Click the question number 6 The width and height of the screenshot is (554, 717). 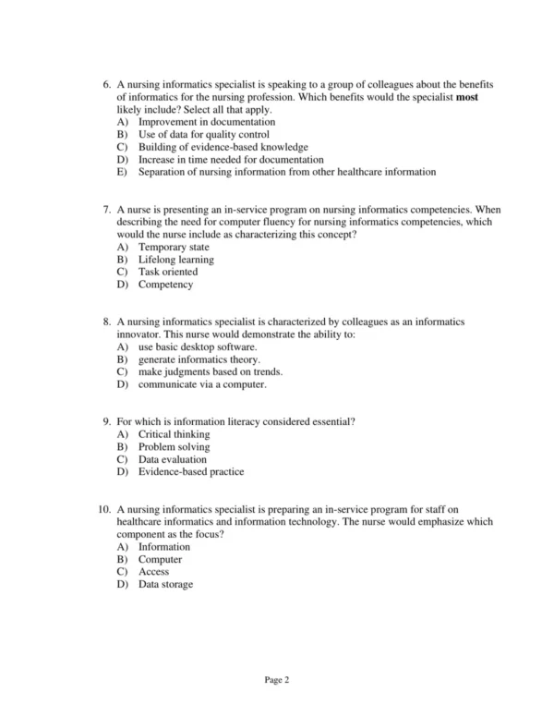click(x=106, y=85)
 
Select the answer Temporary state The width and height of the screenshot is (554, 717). click(x=173, y=248)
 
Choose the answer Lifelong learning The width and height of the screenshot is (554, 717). click(x=175, y=261)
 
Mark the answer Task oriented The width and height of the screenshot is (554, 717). click(x=167, y=273)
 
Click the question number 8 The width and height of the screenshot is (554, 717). click(x=106, y=322)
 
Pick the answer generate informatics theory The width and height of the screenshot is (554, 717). click(x=199, y=359)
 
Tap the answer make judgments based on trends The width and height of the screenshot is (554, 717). click(x=210, y=372)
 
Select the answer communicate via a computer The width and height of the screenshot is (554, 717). click(x=201, y=384)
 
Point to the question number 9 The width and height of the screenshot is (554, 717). click(x=106, y=422)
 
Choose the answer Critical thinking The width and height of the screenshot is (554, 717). click(x=174, y=434)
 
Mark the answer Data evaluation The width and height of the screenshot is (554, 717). click(x=172, y=459)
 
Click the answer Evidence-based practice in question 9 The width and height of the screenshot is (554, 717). click(x=190, y=472)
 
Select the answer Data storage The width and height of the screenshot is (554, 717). click(x=165, y=584)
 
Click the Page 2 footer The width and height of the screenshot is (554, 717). click(x=277, y=680)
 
